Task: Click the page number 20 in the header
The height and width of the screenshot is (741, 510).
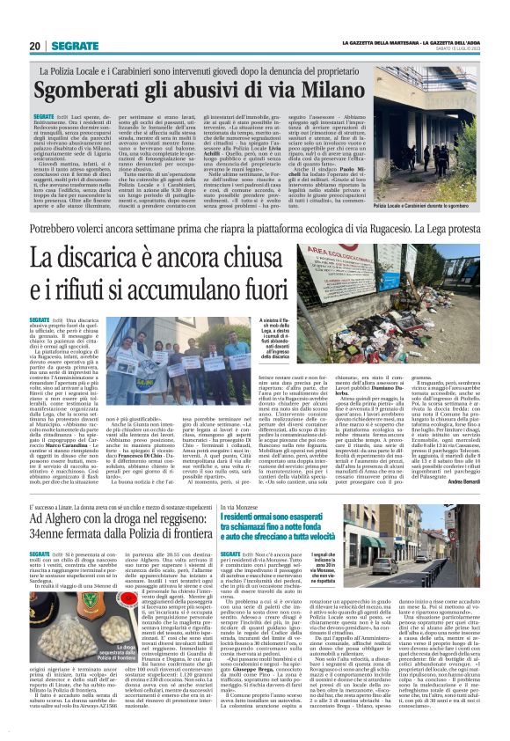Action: (34, 45)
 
